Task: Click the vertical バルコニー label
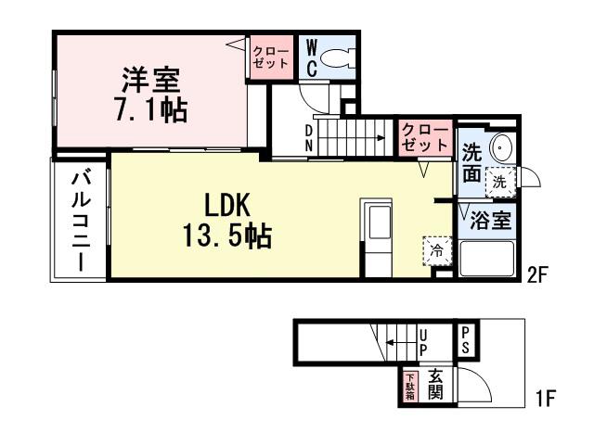[x=80, y=220]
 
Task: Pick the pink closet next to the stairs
[x=424, y=138]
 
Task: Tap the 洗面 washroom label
[x=471, y=163]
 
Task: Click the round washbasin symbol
[x=502, y=147]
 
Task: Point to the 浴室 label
[x=484, y=222]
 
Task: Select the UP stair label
[x=423, y=342]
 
